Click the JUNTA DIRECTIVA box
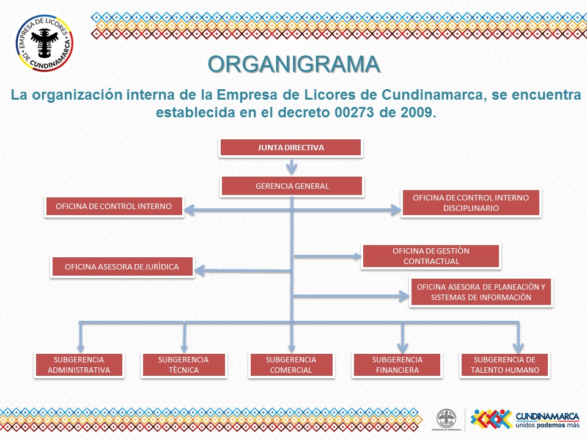coord(291,148)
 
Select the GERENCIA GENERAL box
coord(292,186)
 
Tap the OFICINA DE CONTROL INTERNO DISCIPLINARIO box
coord(471,203)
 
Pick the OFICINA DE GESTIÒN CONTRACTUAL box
coord(431,256)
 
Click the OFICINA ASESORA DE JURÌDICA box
coord(123,267)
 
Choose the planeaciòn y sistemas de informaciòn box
coord(481,292)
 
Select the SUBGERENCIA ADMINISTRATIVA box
coord(79,365)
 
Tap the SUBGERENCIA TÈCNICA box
coord(183,365)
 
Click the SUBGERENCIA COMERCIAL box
coord(291,365)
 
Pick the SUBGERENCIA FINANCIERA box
coord(397,365)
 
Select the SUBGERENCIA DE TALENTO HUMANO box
coord(504,365)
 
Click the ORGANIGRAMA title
coord(293,64)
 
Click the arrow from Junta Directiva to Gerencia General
coord(292,166)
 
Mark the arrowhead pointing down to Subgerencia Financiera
coord(402,345)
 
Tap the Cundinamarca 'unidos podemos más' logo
coord(525,418)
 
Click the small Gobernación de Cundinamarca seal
coord(446,419)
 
